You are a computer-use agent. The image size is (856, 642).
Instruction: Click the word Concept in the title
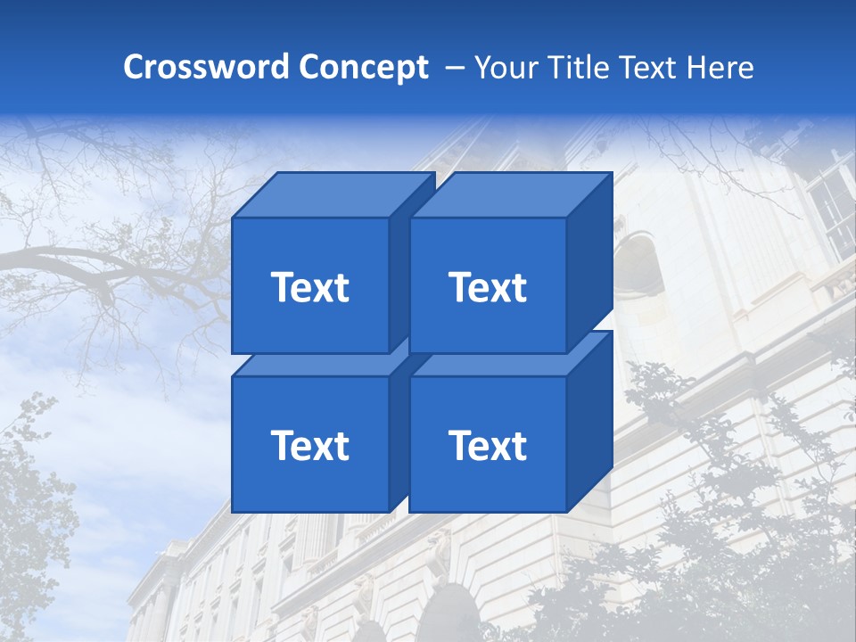click(363, 67)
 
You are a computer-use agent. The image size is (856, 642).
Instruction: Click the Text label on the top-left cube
click(309, 287)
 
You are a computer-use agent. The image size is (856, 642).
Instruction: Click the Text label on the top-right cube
click(488, 287)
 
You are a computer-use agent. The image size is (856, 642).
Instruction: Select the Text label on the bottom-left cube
click(309, 445)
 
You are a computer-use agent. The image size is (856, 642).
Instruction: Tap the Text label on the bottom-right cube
click(488, 445)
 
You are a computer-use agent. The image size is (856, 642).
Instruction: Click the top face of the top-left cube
click(332, 194)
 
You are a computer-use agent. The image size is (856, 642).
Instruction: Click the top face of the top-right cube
click(510, 194)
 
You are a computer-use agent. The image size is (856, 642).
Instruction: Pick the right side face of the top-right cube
click(590, 259)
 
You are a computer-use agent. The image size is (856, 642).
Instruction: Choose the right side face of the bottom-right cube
click(590, 419)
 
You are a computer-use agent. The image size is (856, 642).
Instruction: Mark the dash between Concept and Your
click(453, 67)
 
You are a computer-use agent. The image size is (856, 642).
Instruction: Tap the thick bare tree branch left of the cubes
click(107, 259)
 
